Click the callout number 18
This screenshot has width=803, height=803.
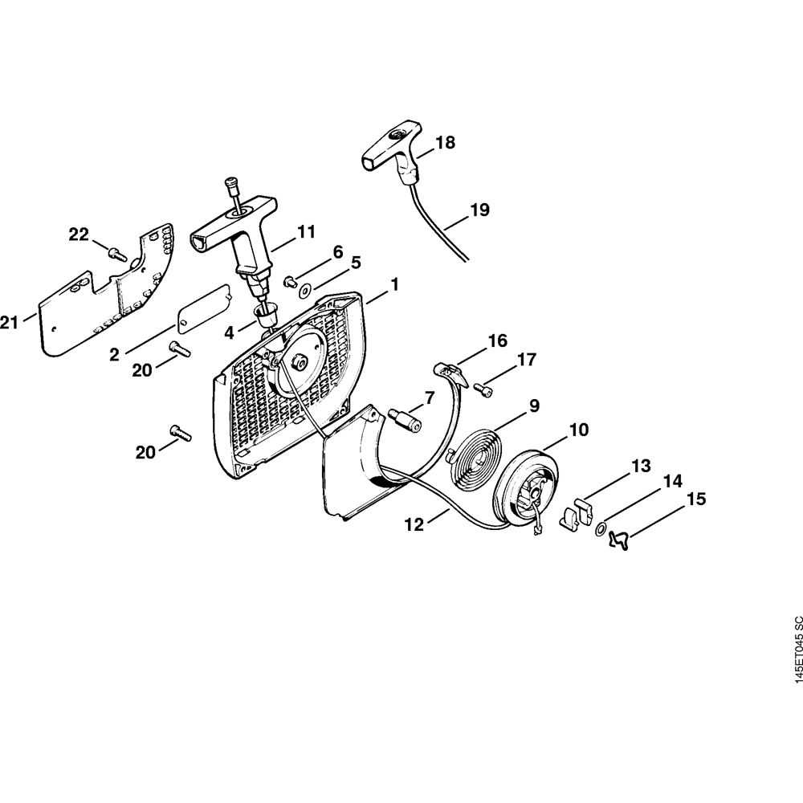(444, 143)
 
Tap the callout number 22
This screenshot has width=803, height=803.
(79, 234)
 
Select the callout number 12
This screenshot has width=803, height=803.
(414, 524)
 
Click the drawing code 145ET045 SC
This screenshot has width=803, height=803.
(796, 659)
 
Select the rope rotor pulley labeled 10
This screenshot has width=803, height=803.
(526, 492)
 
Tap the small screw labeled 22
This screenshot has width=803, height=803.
(117, 254)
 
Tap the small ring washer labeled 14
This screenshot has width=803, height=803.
(600, 530)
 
